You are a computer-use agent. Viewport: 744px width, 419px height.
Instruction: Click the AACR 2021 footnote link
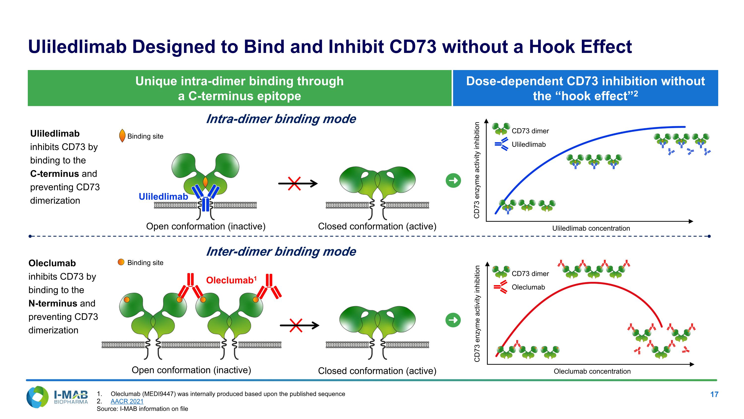click(127, 401)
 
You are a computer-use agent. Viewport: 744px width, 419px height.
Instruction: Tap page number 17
click(714, 394)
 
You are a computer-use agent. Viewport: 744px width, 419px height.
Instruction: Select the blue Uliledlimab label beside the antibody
click(163, 197)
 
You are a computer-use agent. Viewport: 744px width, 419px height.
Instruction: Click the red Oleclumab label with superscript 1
click(231, 280)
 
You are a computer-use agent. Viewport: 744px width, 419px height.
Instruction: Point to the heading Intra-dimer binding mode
click(281, 119)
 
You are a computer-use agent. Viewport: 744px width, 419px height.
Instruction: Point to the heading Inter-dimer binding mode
click(281, 251)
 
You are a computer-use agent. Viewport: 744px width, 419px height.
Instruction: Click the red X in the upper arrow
click(294, 184)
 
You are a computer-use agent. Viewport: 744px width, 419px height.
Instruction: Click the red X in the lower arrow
click(296, 326)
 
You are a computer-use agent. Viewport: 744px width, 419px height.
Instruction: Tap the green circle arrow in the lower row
click(453, 320)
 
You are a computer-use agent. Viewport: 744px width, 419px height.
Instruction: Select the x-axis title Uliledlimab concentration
click(591, 229)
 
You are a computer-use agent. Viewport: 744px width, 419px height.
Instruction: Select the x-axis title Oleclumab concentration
click(592, 371)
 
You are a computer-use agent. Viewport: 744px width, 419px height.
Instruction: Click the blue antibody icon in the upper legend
click(501, 144)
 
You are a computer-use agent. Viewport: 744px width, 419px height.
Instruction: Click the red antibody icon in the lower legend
click(500, 287)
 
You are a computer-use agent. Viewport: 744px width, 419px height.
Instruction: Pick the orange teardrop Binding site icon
click(122, 136)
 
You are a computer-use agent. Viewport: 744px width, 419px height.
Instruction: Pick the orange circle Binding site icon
click(121, 262)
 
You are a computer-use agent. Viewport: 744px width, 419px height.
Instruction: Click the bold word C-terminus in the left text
click(54, 174)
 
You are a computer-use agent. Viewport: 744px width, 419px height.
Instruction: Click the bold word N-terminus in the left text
click(53, 303)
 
